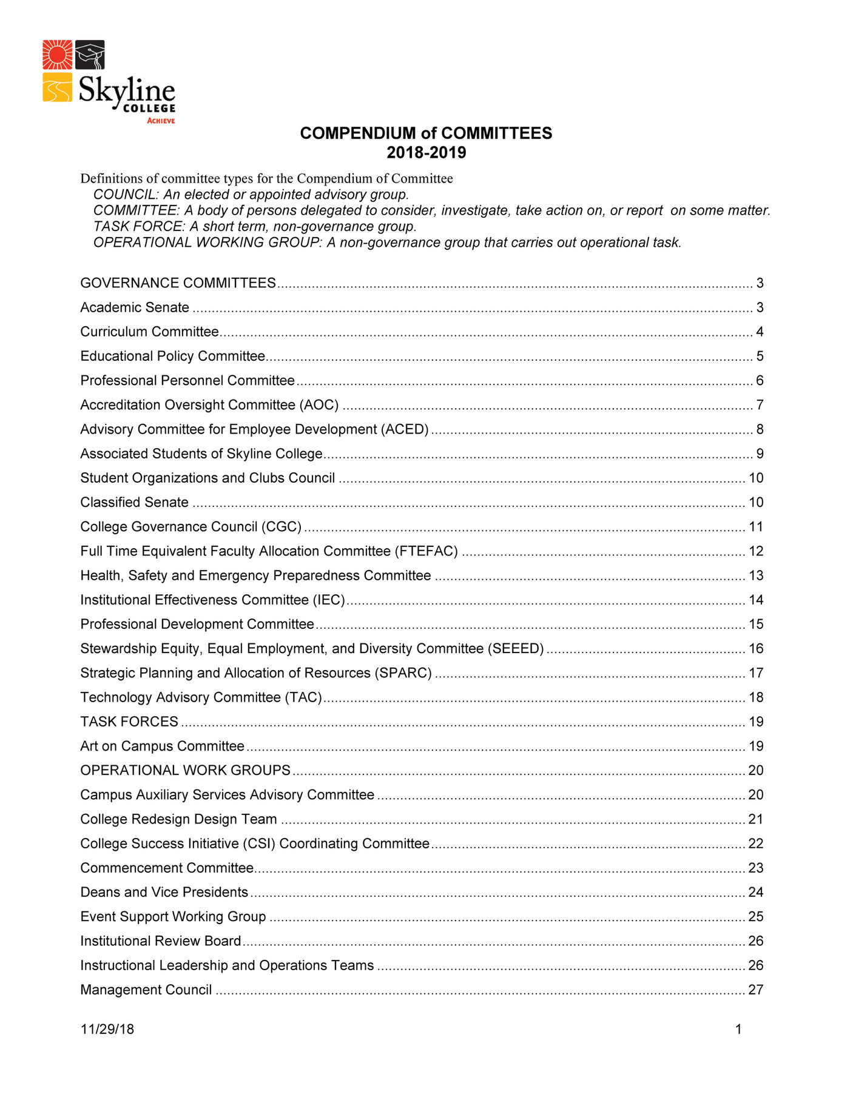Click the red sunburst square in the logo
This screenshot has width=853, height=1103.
click(58, 55)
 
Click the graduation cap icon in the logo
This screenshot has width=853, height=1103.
click(90, 55)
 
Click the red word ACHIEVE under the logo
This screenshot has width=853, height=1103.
click(161, 121)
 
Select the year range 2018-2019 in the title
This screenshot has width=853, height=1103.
click(426, 153)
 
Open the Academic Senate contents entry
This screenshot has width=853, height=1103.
click(135, 308)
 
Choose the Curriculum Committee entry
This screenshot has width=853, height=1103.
click(149, 332)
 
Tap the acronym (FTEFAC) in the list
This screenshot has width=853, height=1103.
click(426, 551)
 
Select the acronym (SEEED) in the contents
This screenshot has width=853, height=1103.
click(516, 649)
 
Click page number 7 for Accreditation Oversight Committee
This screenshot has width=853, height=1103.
click(760, 405)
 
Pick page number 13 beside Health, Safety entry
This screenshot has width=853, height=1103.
click(756, 575)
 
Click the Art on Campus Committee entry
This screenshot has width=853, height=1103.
click(162, 746)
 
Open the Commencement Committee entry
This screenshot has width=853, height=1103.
click(167, 868)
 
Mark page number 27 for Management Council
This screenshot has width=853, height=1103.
click(755, 990)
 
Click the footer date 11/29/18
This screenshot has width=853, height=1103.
click(107, 1029)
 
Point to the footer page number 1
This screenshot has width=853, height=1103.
click(738, 1029)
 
